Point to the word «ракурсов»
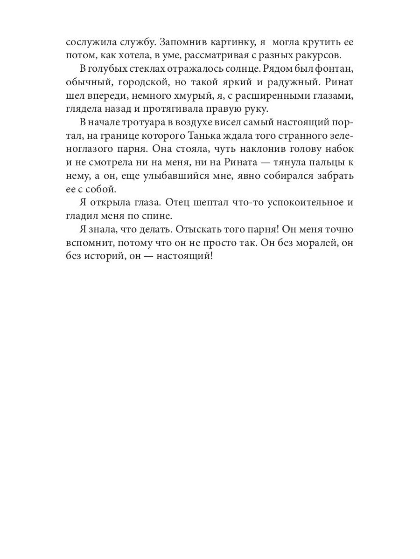(321, 56)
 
